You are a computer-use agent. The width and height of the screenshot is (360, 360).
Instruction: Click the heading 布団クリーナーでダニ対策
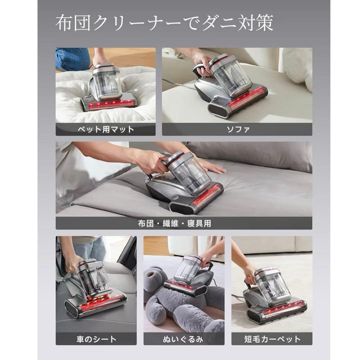pyautogui.click(x=164, y=24)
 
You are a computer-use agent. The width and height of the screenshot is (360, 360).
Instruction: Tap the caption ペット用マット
pyautogui.click(x=105, y=129)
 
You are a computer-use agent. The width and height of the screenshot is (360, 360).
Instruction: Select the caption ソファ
pyautogui.click(x=237, y=129)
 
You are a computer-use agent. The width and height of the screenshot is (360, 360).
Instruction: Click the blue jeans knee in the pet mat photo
pyautogui.click(x=72, y=58)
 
